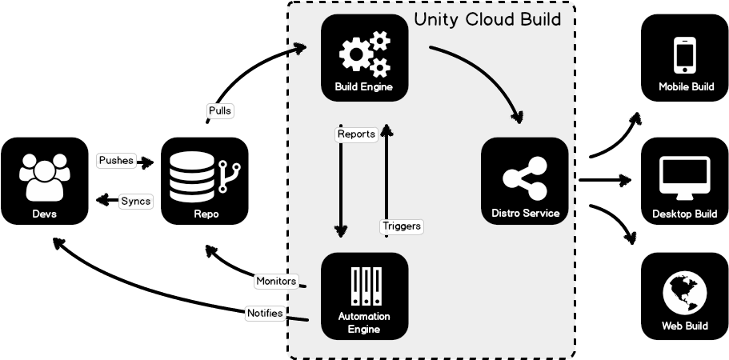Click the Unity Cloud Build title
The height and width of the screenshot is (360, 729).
tap(493, 18)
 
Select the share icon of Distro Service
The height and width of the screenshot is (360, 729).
tap(524, 177)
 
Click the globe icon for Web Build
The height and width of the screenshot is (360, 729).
tap(684, 293)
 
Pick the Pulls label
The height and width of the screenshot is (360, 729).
tap(219, 111)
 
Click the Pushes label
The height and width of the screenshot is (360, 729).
tap(116, 161)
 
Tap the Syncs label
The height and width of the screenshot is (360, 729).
tap(135, 201)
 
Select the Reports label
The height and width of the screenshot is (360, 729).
tap(356, 134)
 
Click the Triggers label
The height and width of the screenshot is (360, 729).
tap(401, 226)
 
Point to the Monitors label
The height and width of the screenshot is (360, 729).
tap(276, 281)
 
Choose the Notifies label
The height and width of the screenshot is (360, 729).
tap(265, 313)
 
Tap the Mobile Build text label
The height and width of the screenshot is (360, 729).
tap(686, 86)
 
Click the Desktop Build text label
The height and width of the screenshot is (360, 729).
tap(684, 214)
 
